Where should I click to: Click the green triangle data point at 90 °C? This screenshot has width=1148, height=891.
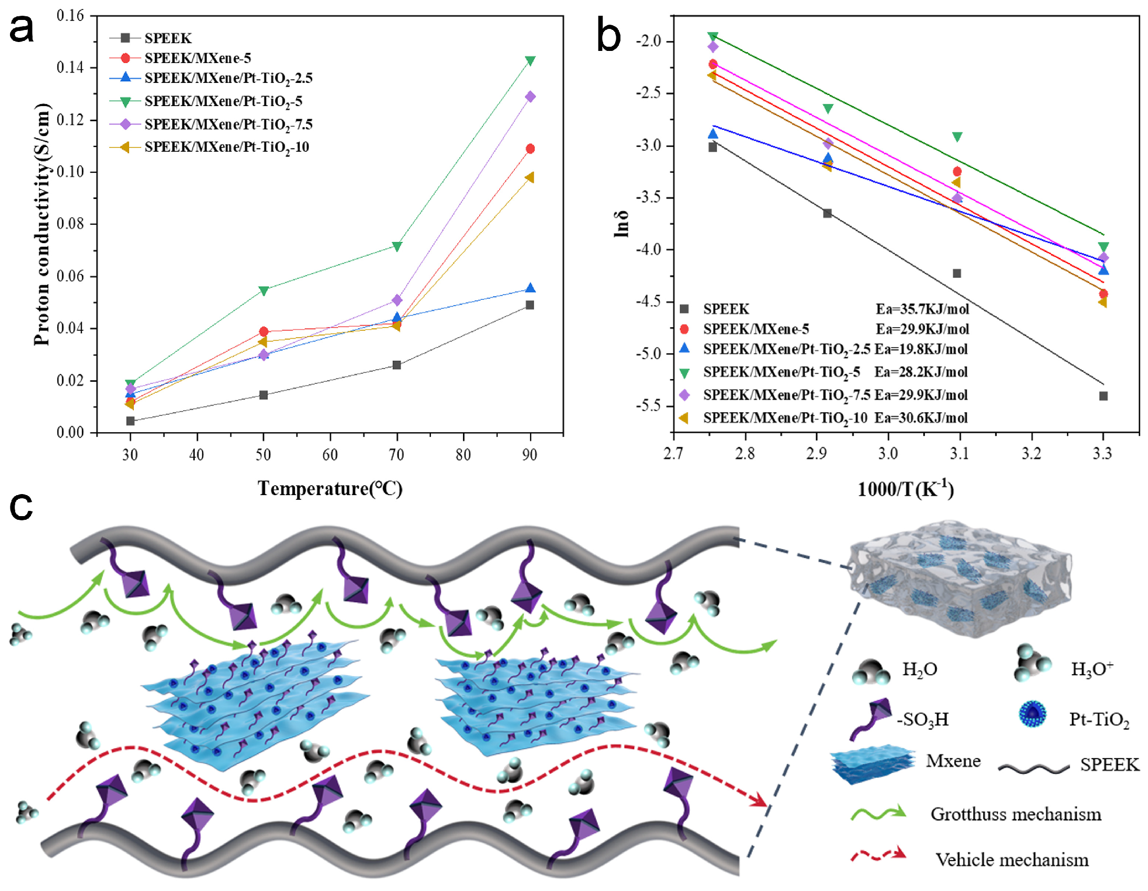tap(530, 61)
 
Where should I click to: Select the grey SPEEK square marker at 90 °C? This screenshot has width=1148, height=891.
tap(530, 305)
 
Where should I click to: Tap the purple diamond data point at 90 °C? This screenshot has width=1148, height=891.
tap(530, 97)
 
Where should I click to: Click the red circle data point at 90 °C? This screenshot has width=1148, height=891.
tap(530, 149)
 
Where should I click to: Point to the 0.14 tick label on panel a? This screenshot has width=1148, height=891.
tap(70, 68)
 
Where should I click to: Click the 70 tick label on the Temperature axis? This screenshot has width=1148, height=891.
tap(396, 455)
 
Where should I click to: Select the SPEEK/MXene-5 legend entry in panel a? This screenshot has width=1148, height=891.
tap(198, 58)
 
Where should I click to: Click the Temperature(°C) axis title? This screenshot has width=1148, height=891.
tap(330, 489)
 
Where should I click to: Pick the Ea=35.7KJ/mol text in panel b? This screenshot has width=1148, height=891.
tap(922, 309)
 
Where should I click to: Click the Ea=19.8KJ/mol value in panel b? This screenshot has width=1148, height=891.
tap(921, 349)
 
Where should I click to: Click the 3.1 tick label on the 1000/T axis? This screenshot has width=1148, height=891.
tap(960, 454)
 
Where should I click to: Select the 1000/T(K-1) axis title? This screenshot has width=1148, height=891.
tap(905, 489)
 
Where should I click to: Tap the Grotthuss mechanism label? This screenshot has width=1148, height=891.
tap(1016, 814)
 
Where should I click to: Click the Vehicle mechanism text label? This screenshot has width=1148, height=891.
tap(1012, 860)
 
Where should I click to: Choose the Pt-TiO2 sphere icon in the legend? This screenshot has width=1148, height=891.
tap(1032, 715)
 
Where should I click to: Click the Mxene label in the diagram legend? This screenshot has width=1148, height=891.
tap(953, 761)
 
